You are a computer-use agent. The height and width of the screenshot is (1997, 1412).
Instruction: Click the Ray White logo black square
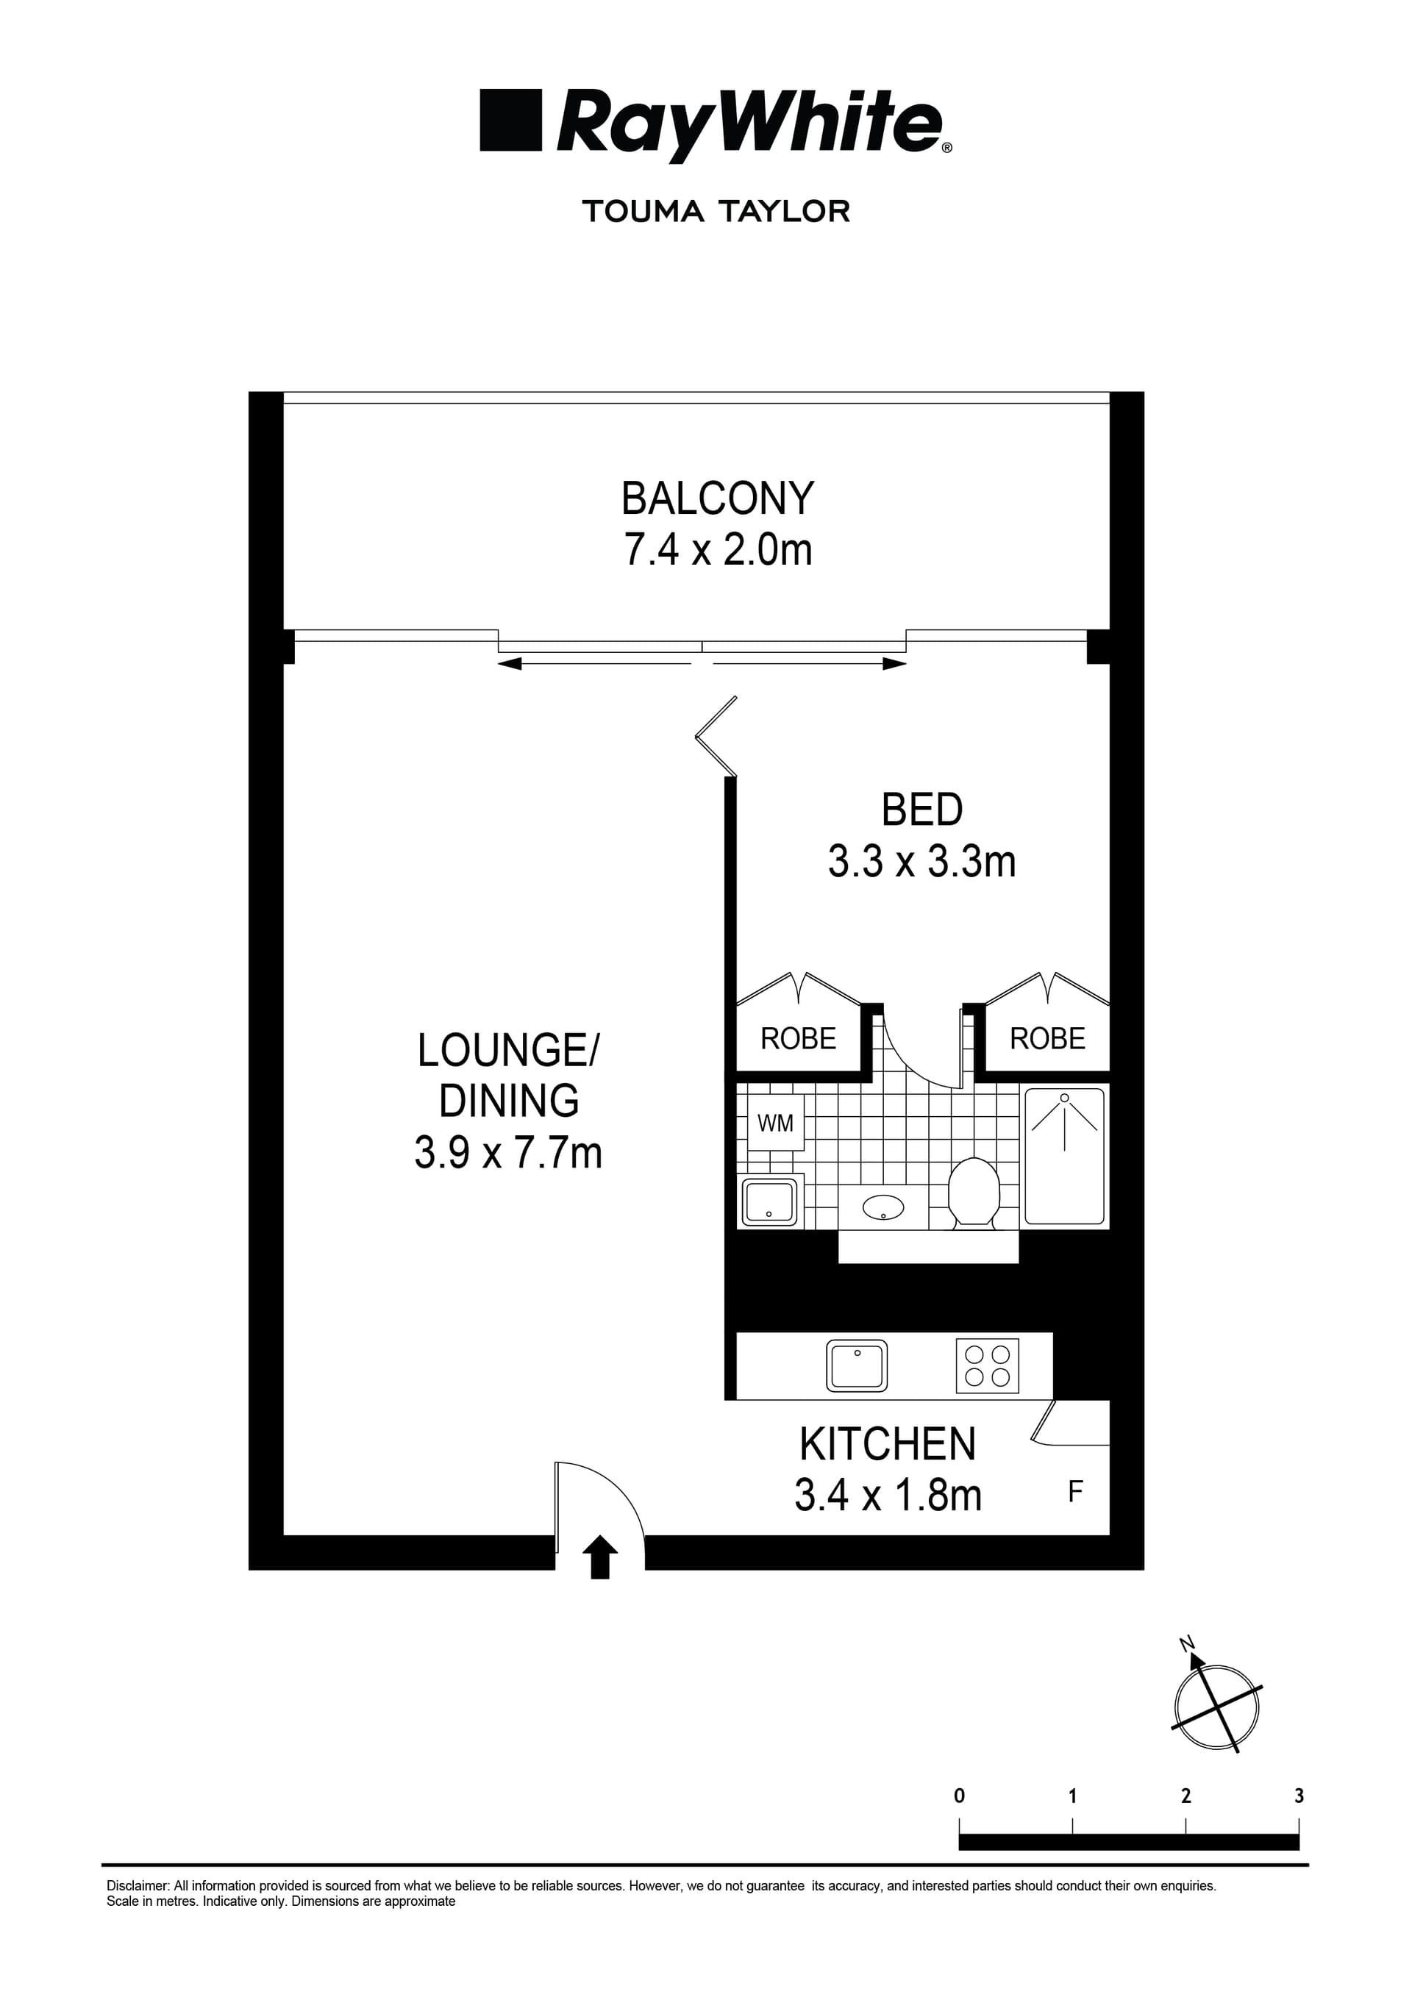510,120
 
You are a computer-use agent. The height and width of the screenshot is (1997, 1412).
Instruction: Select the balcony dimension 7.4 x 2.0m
718,550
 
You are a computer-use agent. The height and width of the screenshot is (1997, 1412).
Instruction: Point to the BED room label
921,810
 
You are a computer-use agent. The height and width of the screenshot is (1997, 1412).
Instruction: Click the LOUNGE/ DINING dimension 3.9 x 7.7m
508,1154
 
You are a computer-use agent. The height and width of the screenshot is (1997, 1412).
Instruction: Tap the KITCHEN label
888,1445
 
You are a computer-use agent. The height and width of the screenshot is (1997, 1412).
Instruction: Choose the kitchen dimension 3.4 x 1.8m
888,1496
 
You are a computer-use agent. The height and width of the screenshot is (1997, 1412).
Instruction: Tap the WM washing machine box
775,1123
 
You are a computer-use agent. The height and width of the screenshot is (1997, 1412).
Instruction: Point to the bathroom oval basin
883,1207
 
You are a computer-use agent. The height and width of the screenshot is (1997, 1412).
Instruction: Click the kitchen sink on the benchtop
857,1365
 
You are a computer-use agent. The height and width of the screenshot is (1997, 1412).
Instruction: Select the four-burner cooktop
988,1365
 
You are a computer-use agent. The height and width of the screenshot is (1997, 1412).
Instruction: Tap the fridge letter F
1075,1493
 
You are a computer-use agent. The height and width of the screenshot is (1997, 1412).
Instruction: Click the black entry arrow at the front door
599,1556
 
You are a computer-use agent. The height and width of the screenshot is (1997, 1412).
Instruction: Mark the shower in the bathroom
1065,1156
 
